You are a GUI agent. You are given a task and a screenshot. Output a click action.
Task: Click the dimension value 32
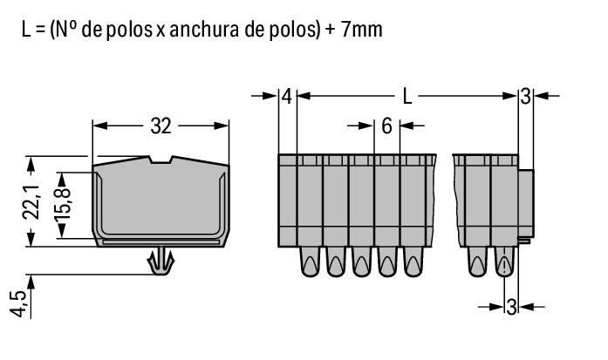click(161, 126)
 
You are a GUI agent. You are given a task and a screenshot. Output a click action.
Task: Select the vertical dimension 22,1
click(31, 201)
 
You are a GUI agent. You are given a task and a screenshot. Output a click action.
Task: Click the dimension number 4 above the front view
click(287, 97)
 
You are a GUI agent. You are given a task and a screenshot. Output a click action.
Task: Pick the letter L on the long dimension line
click(406, 97)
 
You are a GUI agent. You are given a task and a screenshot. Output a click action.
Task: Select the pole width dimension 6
click(386, 126)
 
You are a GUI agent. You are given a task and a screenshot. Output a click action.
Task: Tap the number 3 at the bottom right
click(512, 306)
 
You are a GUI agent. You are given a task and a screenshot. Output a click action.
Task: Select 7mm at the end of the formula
click(359, 30)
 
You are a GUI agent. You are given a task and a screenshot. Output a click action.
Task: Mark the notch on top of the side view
click(161, 160)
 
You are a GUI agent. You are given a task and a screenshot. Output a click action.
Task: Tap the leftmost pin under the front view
click(310, 261)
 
